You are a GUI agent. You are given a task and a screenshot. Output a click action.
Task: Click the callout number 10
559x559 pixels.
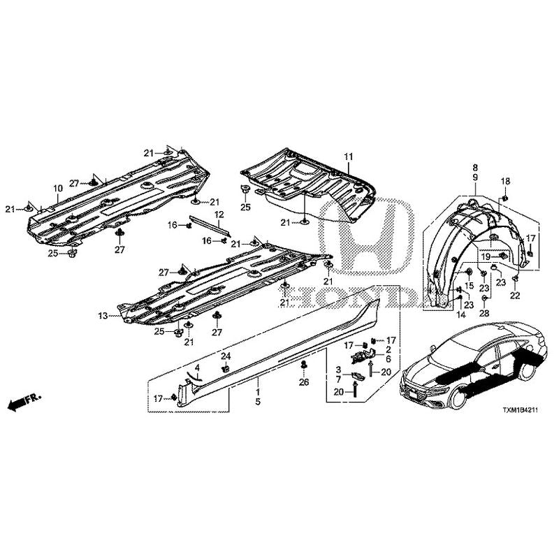58,188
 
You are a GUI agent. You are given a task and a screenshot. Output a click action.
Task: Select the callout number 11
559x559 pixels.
348,157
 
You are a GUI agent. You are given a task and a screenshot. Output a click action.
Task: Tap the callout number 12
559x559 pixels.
219,215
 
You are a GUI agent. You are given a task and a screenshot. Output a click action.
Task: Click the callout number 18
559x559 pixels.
505,181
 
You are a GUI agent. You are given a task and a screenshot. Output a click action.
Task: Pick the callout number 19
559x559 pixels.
486,256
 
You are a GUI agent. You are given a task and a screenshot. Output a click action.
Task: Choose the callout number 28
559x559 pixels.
484,313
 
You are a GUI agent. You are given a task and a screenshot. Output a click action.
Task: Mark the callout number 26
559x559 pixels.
304,382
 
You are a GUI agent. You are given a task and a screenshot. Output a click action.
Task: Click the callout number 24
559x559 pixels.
226,356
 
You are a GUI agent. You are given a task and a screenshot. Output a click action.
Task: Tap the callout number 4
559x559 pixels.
197,368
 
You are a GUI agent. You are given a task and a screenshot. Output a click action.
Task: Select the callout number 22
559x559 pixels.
515,295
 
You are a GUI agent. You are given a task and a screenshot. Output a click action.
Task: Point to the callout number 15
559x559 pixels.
469,286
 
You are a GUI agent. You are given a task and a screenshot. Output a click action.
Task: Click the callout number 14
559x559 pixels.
461,314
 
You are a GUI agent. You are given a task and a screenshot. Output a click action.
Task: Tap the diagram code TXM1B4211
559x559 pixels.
520,410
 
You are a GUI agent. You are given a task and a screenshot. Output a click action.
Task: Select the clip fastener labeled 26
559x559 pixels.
304,365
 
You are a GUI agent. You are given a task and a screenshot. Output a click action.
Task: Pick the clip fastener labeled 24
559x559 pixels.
225,369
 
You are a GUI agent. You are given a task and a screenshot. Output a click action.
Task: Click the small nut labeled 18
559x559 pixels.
505,197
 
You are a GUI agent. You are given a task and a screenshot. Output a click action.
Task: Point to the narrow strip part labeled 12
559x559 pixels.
210,225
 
